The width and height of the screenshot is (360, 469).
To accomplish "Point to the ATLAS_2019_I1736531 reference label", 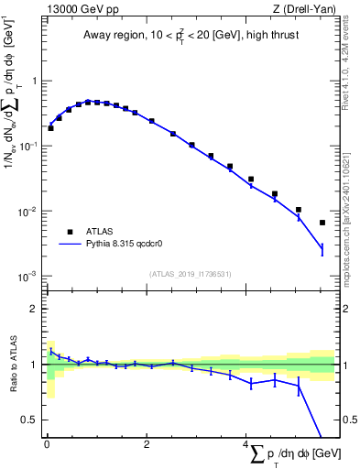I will click(189, 274).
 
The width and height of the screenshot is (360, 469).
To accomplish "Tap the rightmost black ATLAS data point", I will click(322, 223).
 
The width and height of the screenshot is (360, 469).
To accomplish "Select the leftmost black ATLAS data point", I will click(50, 128).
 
